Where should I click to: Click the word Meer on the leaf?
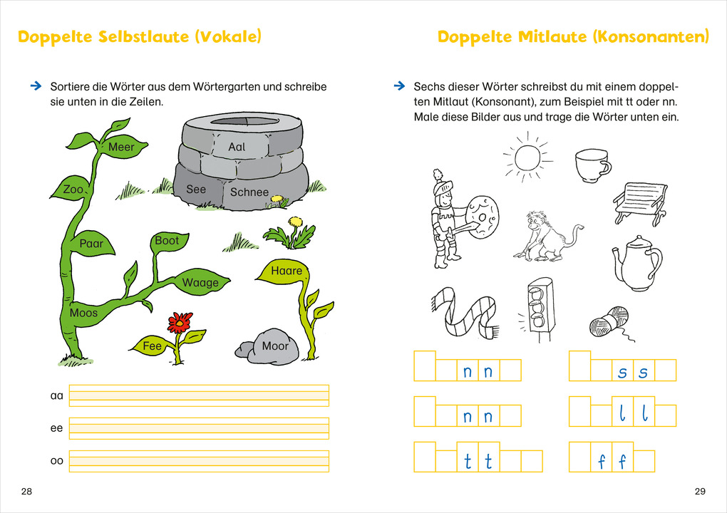tap(121, 147)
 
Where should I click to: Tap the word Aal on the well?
tap(237, 147)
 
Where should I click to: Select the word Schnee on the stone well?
tap(249, 192)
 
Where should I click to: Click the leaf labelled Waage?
tap(200, 281)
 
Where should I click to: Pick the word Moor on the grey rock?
tap(275, 346)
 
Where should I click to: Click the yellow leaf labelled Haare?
tap(282, 271)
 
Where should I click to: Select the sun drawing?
tap(527, 158)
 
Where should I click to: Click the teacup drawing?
tap(593, 165)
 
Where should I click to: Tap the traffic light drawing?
tap(539, 309)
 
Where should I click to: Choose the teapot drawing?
tap(637, 262)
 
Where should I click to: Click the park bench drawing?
tap(641, 203)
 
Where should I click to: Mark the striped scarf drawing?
tap(465, 312)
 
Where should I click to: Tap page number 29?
tap(700, 491)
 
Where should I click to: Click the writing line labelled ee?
tap(199, 428)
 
